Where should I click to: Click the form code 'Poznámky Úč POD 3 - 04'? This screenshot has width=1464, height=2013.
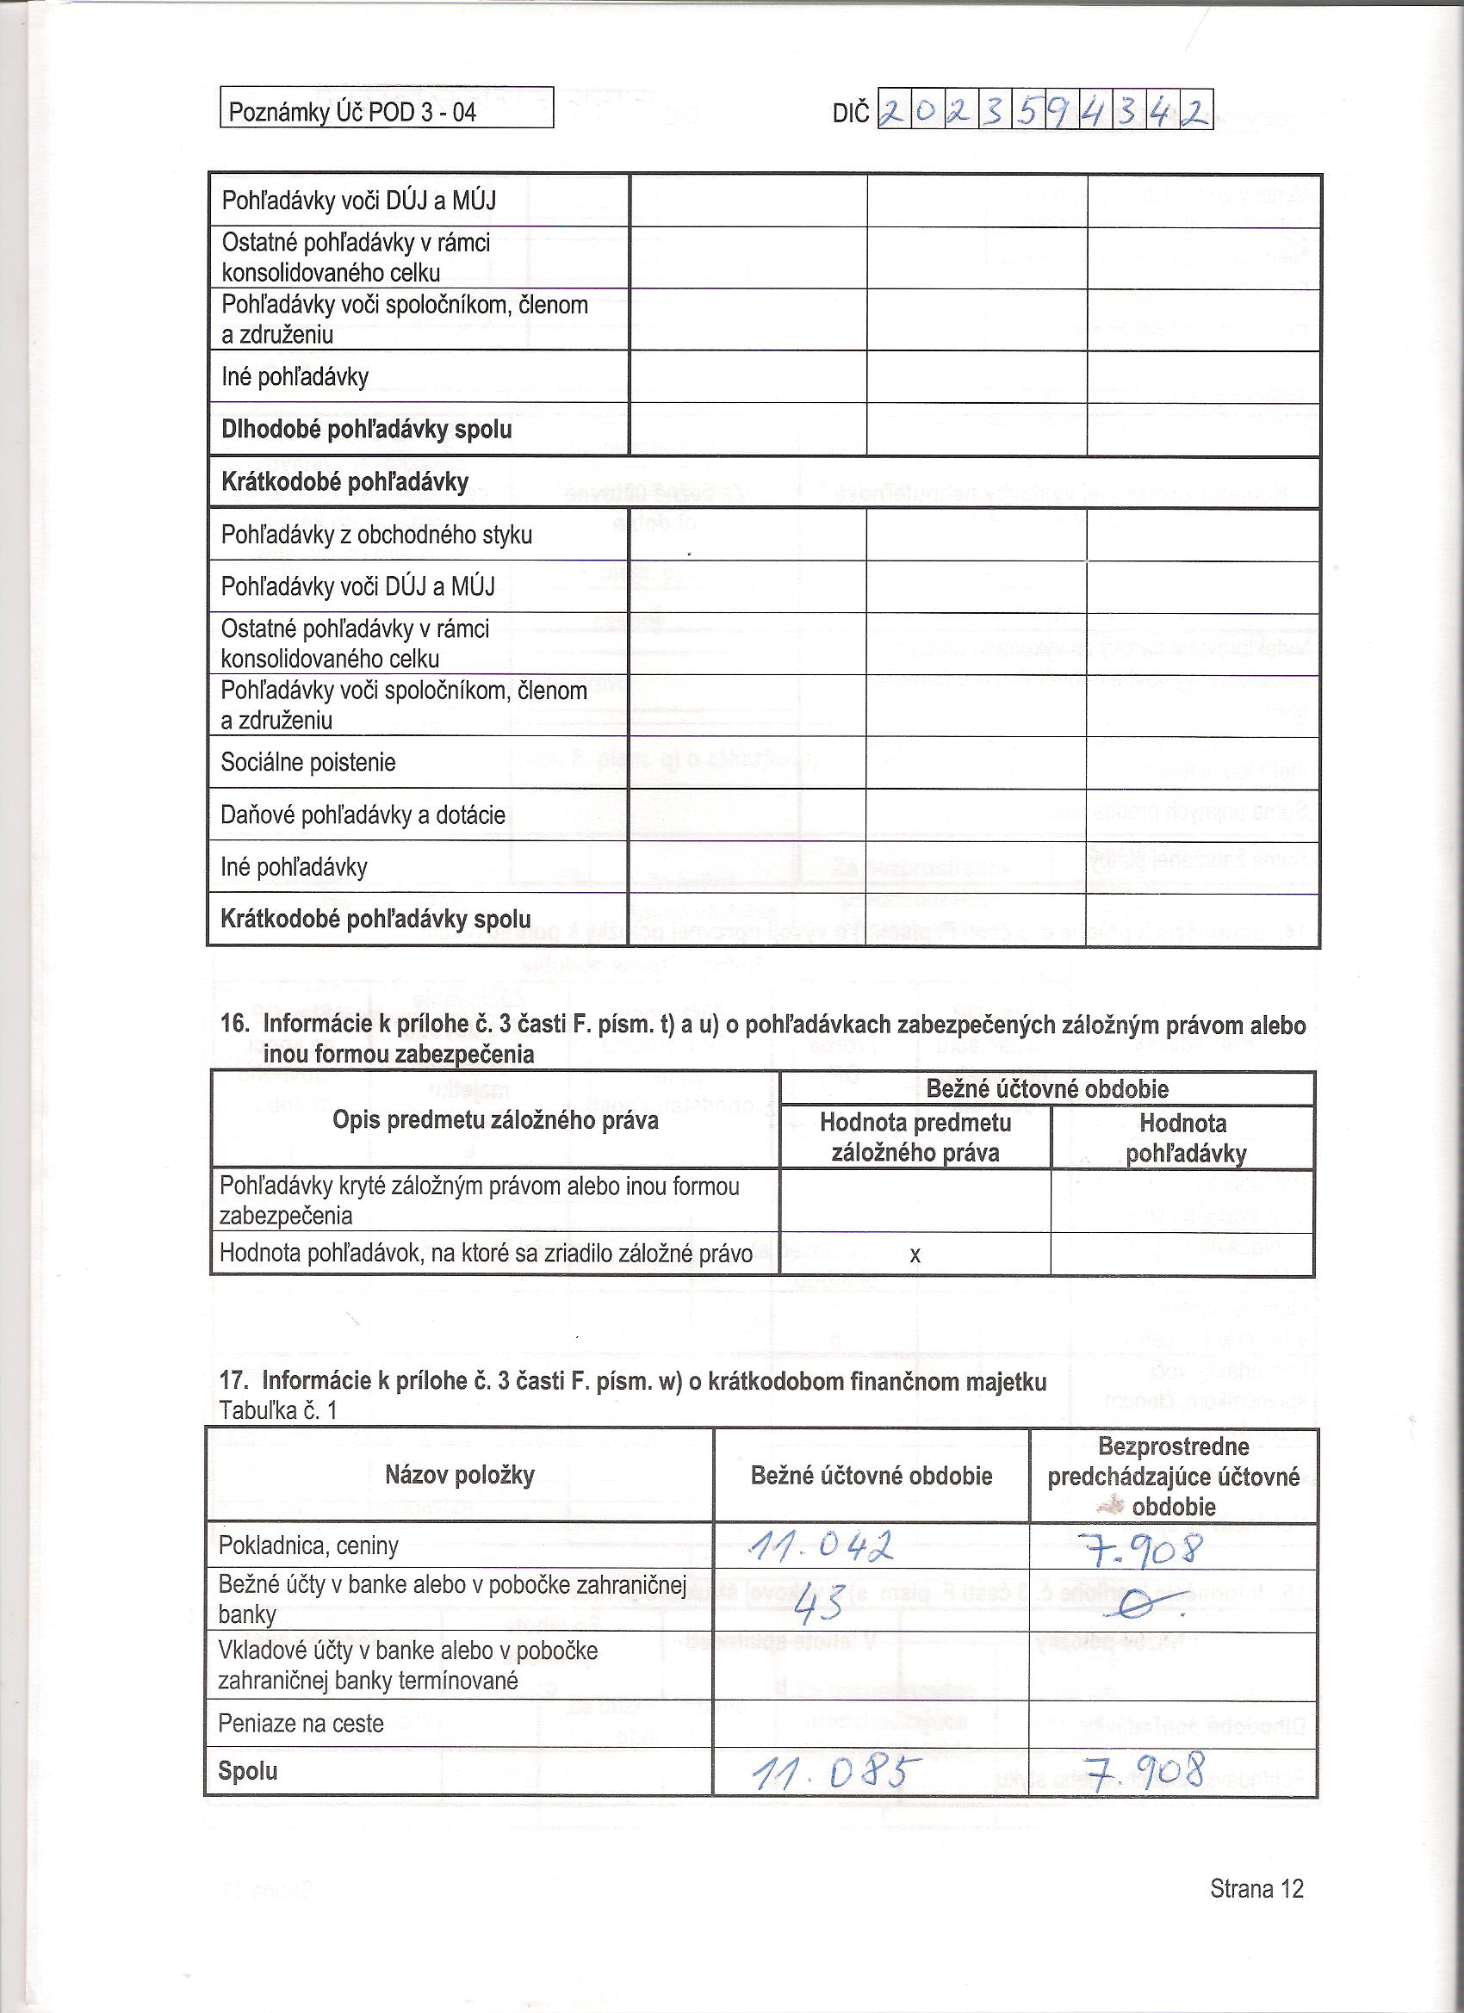352,113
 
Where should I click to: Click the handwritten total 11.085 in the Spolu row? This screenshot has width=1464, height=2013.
830,1770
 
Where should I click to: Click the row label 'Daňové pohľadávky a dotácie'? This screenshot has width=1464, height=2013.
363,814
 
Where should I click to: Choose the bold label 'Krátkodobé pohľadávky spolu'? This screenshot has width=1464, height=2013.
375,919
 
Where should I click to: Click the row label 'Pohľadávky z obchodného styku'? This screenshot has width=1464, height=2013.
376,536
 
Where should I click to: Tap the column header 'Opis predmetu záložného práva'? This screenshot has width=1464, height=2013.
495,1120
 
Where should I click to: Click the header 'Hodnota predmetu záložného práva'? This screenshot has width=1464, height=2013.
915,1137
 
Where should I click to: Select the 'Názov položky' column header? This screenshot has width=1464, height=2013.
460,1476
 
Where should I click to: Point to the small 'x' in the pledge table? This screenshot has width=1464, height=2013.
915,1255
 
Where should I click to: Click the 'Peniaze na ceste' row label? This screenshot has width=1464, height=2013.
301,1724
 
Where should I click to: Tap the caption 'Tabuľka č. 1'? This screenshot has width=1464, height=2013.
278,1410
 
